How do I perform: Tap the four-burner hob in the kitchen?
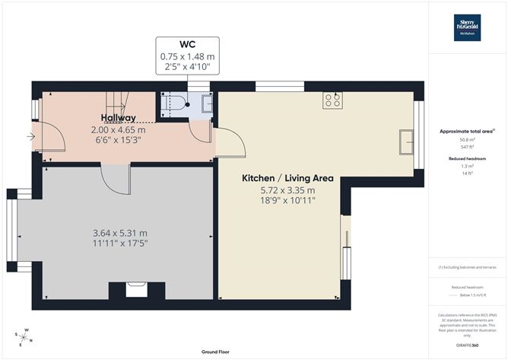point(332,99)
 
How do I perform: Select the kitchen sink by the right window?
point(406,140)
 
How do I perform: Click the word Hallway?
point(119,118)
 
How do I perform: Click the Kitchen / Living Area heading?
point(278,178)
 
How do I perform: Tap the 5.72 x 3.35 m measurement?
point(278,190)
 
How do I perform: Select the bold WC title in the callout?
point(187,44)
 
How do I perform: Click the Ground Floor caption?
point(216,352)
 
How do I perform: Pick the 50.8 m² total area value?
point(466,140)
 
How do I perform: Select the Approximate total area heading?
point(466,132)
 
